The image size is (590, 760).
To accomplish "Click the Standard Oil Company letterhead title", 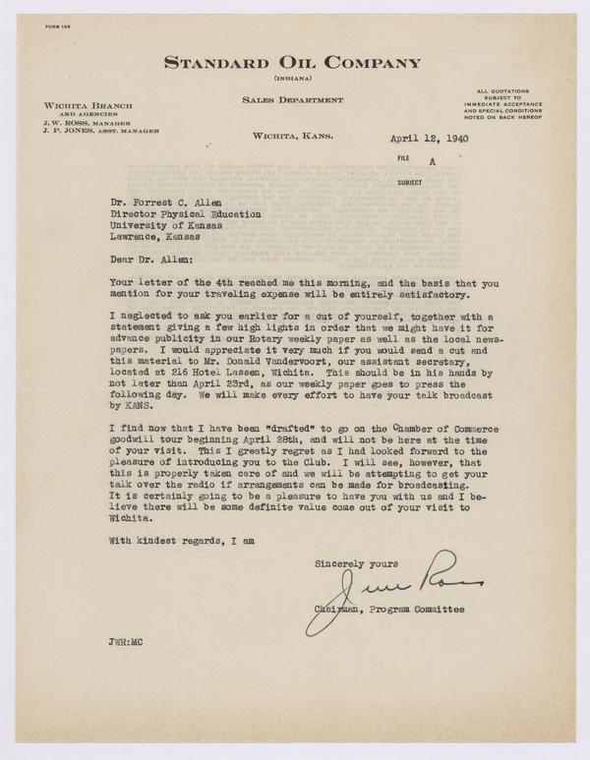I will point(293,64).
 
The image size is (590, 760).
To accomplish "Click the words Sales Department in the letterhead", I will point(292,100).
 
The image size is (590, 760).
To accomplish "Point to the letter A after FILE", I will point(430,166).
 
